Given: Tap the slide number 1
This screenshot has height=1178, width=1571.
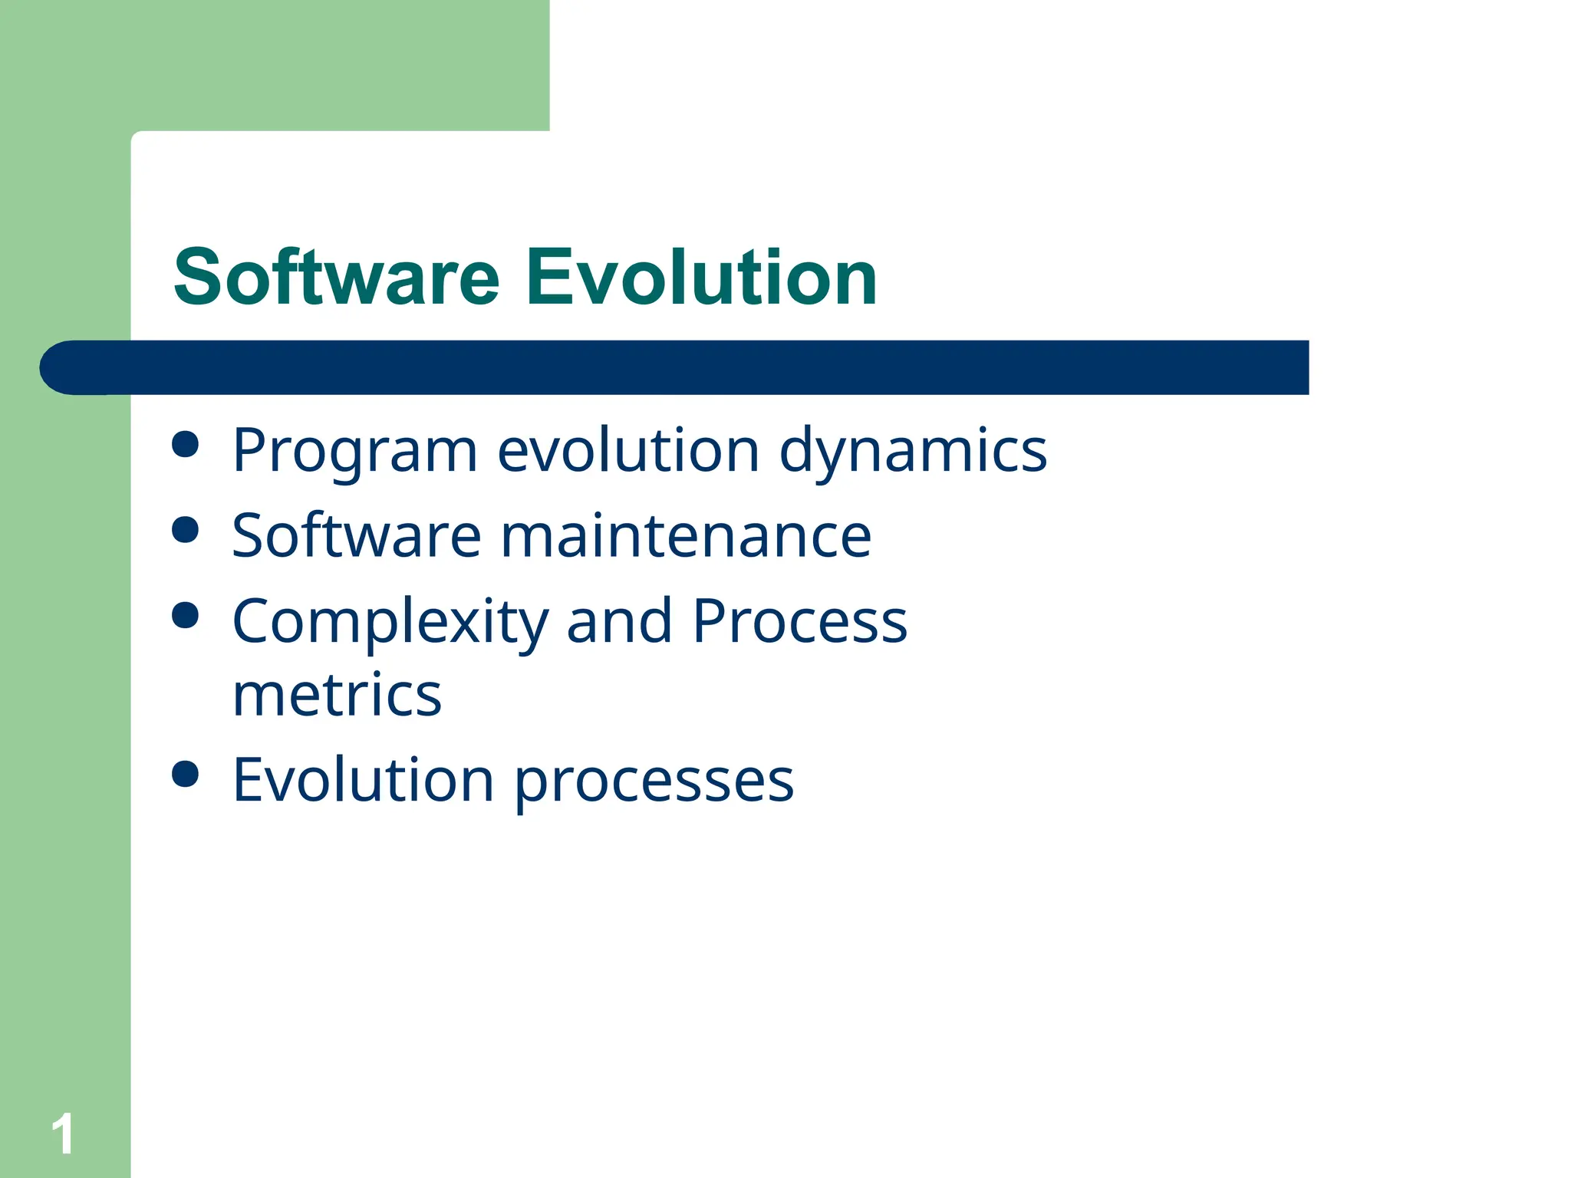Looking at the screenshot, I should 63,1134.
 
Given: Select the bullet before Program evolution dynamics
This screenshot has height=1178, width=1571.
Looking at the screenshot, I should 186,444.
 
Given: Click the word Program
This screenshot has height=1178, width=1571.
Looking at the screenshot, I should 354,451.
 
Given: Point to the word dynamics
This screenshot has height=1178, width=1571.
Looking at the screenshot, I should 913,451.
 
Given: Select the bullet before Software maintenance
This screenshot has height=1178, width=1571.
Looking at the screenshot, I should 186,529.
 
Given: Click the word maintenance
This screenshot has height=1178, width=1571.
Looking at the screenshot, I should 686,535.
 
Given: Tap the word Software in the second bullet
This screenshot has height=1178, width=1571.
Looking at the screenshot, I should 357,535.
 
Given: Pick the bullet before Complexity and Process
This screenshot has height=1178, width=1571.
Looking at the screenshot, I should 186,615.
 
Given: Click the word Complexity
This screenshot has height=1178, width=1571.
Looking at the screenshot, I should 390,621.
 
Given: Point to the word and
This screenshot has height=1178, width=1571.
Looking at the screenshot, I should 618,621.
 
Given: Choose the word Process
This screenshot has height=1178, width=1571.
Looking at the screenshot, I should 799,621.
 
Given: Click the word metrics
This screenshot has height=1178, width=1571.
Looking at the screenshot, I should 337,695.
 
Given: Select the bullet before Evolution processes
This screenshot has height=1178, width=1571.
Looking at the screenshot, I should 186,774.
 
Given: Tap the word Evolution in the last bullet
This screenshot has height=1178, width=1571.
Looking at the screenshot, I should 363,780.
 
